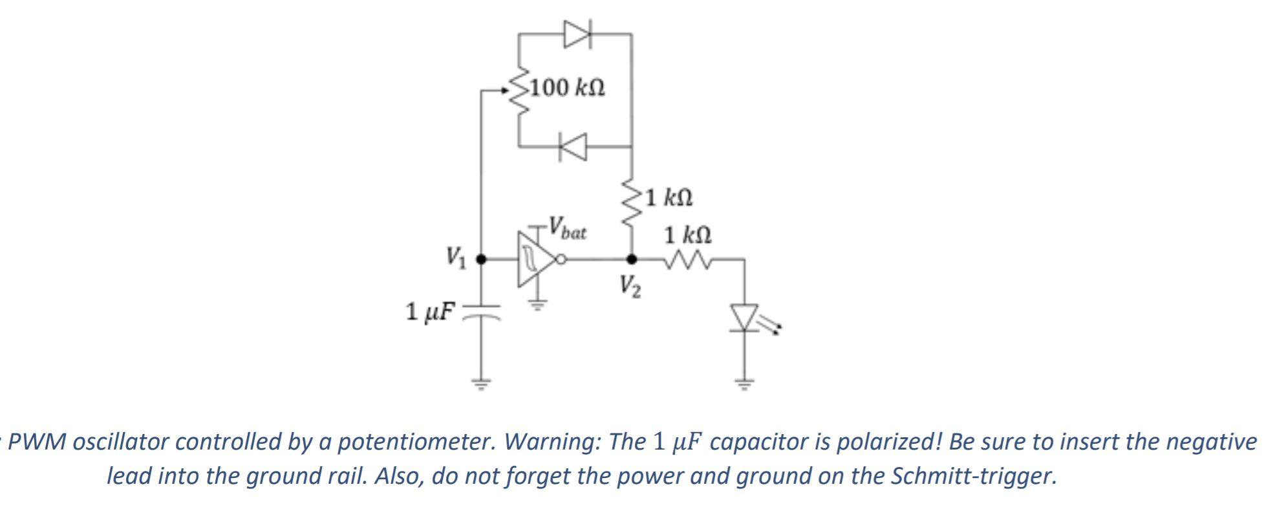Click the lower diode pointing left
573,147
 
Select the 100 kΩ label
567,87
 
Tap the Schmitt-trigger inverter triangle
534,259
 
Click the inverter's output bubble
562,260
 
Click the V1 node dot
480,259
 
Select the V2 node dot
632,259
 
